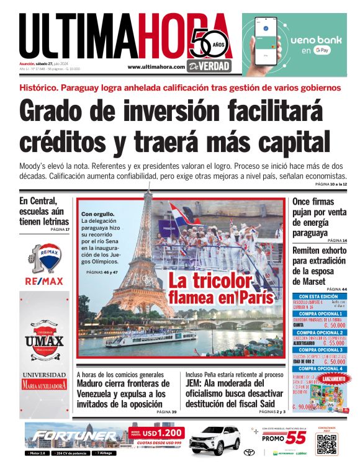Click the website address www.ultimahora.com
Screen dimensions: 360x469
[x=156, y=67]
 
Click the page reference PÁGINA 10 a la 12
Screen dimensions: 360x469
[x=331, y=185]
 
